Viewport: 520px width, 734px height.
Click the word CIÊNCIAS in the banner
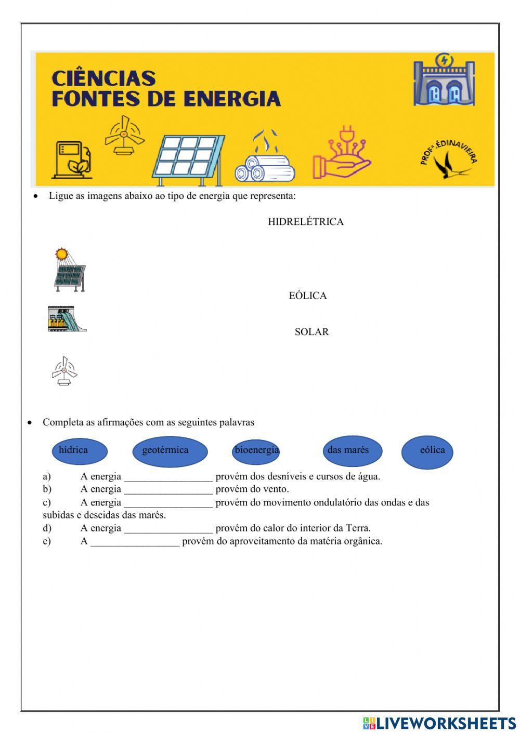[x=103, y=78]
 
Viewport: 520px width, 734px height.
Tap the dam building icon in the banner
[x=444, y=82]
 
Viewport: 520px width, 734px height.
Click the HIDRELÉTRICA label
[x=305, y=222]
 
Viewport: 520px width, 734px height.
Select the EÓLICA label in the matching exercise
[x=308, y=296]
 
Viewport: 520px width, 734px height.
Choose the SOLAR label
[x=311, y=332]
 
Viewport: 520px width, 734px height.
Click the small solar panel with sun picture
[x=69, y=270]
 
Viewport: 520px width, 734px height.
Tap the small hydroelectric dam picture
[x=67, y=319]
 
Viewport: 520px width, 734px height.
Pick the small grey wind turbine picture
[x=64, y=371]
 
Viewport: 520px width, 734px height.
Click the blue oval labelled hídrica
[x=80, y=451]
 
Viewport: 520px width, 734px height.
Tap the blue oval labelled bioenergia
[x=256, y=451]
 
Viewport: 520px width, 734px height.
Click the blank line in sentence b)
[x=168, y=489]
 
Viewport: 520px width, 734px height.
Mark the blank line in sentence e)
[x=135, y=542]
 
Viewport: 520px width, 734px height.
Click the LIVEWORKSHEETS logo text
[x=445, y=724]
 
